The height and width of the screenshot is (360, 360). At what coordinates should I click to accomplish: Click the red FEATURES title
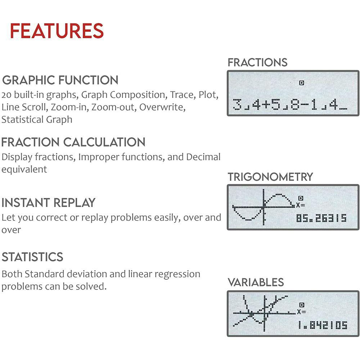click(x=57, y=31)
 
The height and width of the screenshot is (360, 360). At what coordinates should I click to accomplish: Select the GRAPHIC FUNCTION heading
click(x=60, y=80)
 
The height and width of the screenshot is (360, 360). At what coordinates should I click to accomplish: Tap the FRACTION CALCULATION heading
click(x=73, y=142)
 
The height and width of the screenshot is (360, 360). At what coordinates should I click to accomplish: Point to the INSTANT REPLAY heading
click(x=48, y=203)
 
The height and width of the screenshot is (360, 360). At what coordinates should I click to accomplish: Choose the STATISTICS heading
click(x=32, y=257)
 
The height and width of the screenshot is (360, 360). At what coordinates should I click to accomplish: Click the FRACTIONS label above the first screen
click(x=257, y=62)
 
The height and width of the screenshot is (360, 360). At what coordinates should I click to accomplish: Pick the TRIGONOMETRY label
click(x=270, y=177)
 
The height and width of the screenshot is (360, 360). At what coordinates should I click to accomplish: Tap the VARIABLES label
click(x=256, y=282)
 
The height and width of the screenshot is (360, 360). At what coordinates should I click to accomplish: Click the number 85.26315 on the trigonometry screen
click(x=321, y=218)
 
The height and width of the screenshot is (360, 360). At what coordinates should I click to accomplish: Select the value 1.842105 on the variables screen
click(x=323, y=325)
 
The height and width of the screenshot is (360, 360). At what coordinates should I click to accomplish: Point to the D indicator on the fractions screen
click(x=302, y=83)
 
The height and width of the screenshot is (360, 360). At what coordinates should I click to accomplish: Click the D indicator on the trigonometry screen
click(x=301, y=198)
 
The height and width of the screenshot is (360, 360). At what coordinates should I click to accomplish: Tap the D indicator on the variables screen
click(x=302, y=305)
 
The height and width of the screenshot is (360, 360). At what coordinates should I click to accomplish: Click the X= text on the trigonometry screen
click(x=300, y=205)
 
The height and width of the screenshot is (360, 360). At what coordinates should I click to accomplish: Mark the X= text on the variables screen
click(x=301, y=312)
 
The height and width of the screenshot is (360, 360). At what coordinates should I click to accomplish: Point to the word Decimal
click(x=203, y=157)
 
